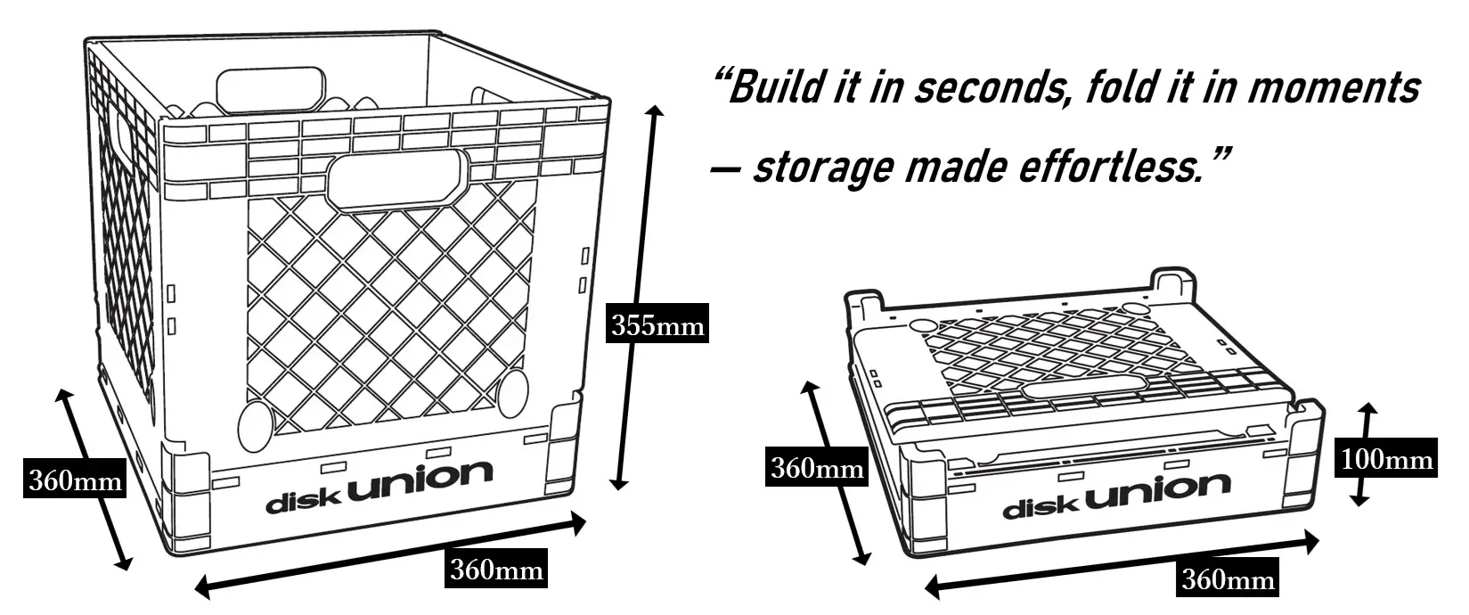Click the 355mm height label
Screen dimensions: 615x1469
[657, 326]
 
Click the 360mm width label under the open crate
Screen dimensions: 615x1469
[495, 569]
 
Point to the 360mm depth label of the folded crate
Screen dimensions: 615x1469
[816, 468]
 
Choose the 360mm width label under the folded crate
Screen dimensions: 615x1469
[1228, 580]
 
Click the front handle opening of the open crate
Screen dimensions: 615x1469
[397, 178]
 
